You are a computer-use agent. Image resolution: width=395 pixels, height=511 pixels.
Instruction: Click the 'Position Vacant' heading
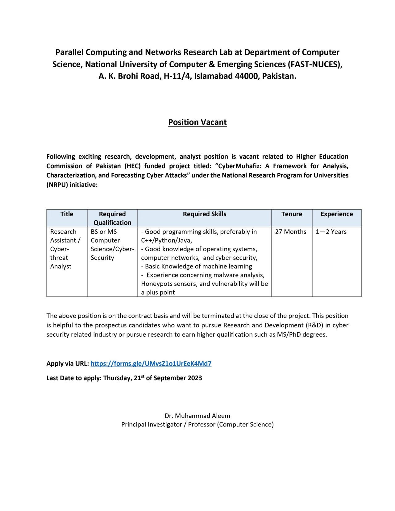click(x=197, y=122)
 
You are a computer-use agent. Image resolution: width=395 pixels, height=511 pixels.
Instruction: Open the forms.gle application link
click(x=151, y=364)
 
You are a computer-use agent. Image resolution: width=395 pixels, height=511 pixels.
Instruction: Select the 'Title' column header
click(x=67, y=214)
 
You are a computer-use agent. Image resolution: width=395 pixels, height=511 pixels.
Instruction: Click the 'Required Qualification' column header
click(x=112, y=218)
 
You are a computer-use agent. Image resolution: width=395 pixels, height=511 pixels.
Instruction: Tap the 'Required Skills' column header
click(x=204, y=214)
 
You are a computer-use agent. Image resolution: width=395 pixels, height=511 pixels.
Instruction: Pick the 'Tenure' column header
click(x=292, y=214)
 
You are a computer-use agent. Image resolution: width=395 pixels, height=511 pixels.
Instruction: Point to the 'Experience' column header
click(x=336, y=214)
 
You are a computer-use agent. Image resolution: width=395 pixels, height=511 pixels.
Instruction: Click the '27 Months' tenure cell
click(x=291, y=232)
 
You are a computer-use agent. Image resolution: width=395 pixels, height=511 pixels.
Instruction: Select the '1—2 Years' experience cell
click(x=331, y=232)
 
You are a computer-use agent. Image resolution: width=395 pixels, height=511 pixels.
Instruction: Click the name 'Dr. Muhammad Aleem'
click(x=197, y=416)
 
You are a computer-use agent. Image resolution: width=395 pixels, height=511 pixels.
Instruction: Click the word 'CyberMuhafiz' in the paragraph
click(x=239, y=166)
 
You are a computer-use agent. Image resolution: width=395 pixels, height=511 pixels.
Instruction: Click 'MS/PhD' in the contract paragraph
click(x=289, y=334)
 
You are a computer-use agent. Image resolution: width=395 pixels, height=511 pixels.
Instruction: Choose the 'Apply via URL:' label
click(x=68, y=364)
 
